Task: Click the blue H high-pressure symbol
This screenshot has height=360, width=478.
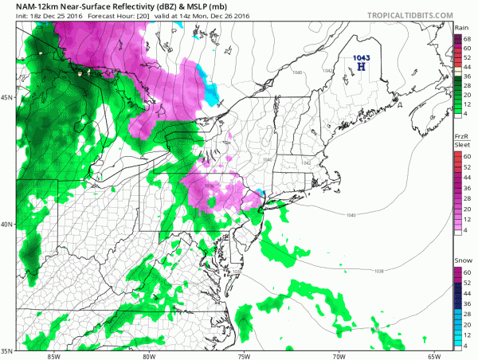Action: [362, 68]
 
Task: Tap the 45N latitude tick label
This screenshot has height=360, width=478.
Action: [7, 98]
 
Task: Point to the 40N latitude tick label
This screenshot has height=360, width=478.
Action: [7, 224]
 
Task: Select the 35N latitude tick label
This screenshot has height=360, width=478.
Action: [7, 350]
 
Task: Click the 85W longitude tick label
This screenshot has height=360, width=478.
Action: [53, 355]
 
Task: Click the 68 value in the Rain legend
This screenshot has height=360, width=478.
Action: [469, 39]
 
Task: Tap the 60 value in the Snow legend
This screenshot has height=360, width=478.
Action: [469, 272]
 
